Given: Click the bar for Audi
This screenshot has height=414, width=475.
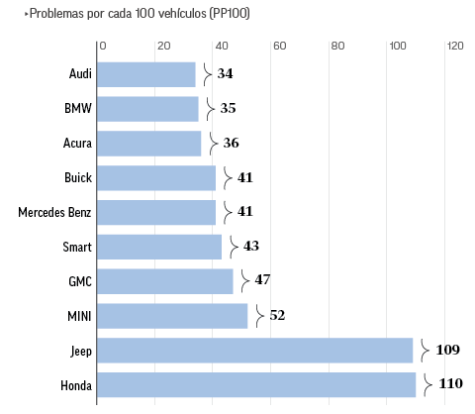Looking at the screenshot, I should click(x=147, y=74).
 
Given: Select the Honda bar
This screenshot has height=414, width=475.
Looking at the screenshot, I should click(x=257, y=384).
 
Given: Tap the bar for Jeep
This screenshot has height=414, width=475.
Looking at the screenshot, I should click(x=255, y=350).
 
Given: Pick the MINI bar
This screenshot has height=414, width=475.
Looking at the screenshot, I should click(x=173, y=315).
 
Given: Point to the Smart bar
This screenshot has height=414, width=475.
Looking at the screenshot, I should click(x=160, y=247).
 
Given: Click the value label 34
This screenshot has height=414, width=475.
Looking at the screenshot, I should click(x=225, y=74).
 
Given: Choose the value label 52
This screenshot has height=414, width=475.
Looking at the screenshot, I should click(x=277, y=315).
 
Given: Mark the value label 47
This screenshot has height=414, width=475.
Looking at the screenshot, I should click(x=262, y=280).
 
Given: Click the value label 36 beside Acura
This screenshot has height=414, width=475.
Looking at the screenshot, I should click(x=231, y=144).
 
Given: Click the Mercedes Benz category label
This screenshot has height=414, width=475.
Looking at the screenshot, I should click(x=55, y=212).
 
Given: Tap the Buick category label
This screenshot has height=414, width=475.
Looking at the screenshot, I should click(x=78, y=177).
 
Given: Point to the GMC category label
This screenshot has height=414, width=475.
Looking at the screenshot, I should click(x=80, y=280).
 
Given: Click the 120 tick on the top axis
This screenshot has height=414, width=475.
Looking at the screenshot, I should click(x=455, y=46).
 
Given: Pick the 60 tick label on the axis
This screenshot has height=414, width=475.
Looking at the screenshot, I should click(x=279, y=46).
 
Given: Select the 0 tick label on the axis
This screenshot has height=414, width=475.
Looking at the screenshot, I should click(x=103, y=46).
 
